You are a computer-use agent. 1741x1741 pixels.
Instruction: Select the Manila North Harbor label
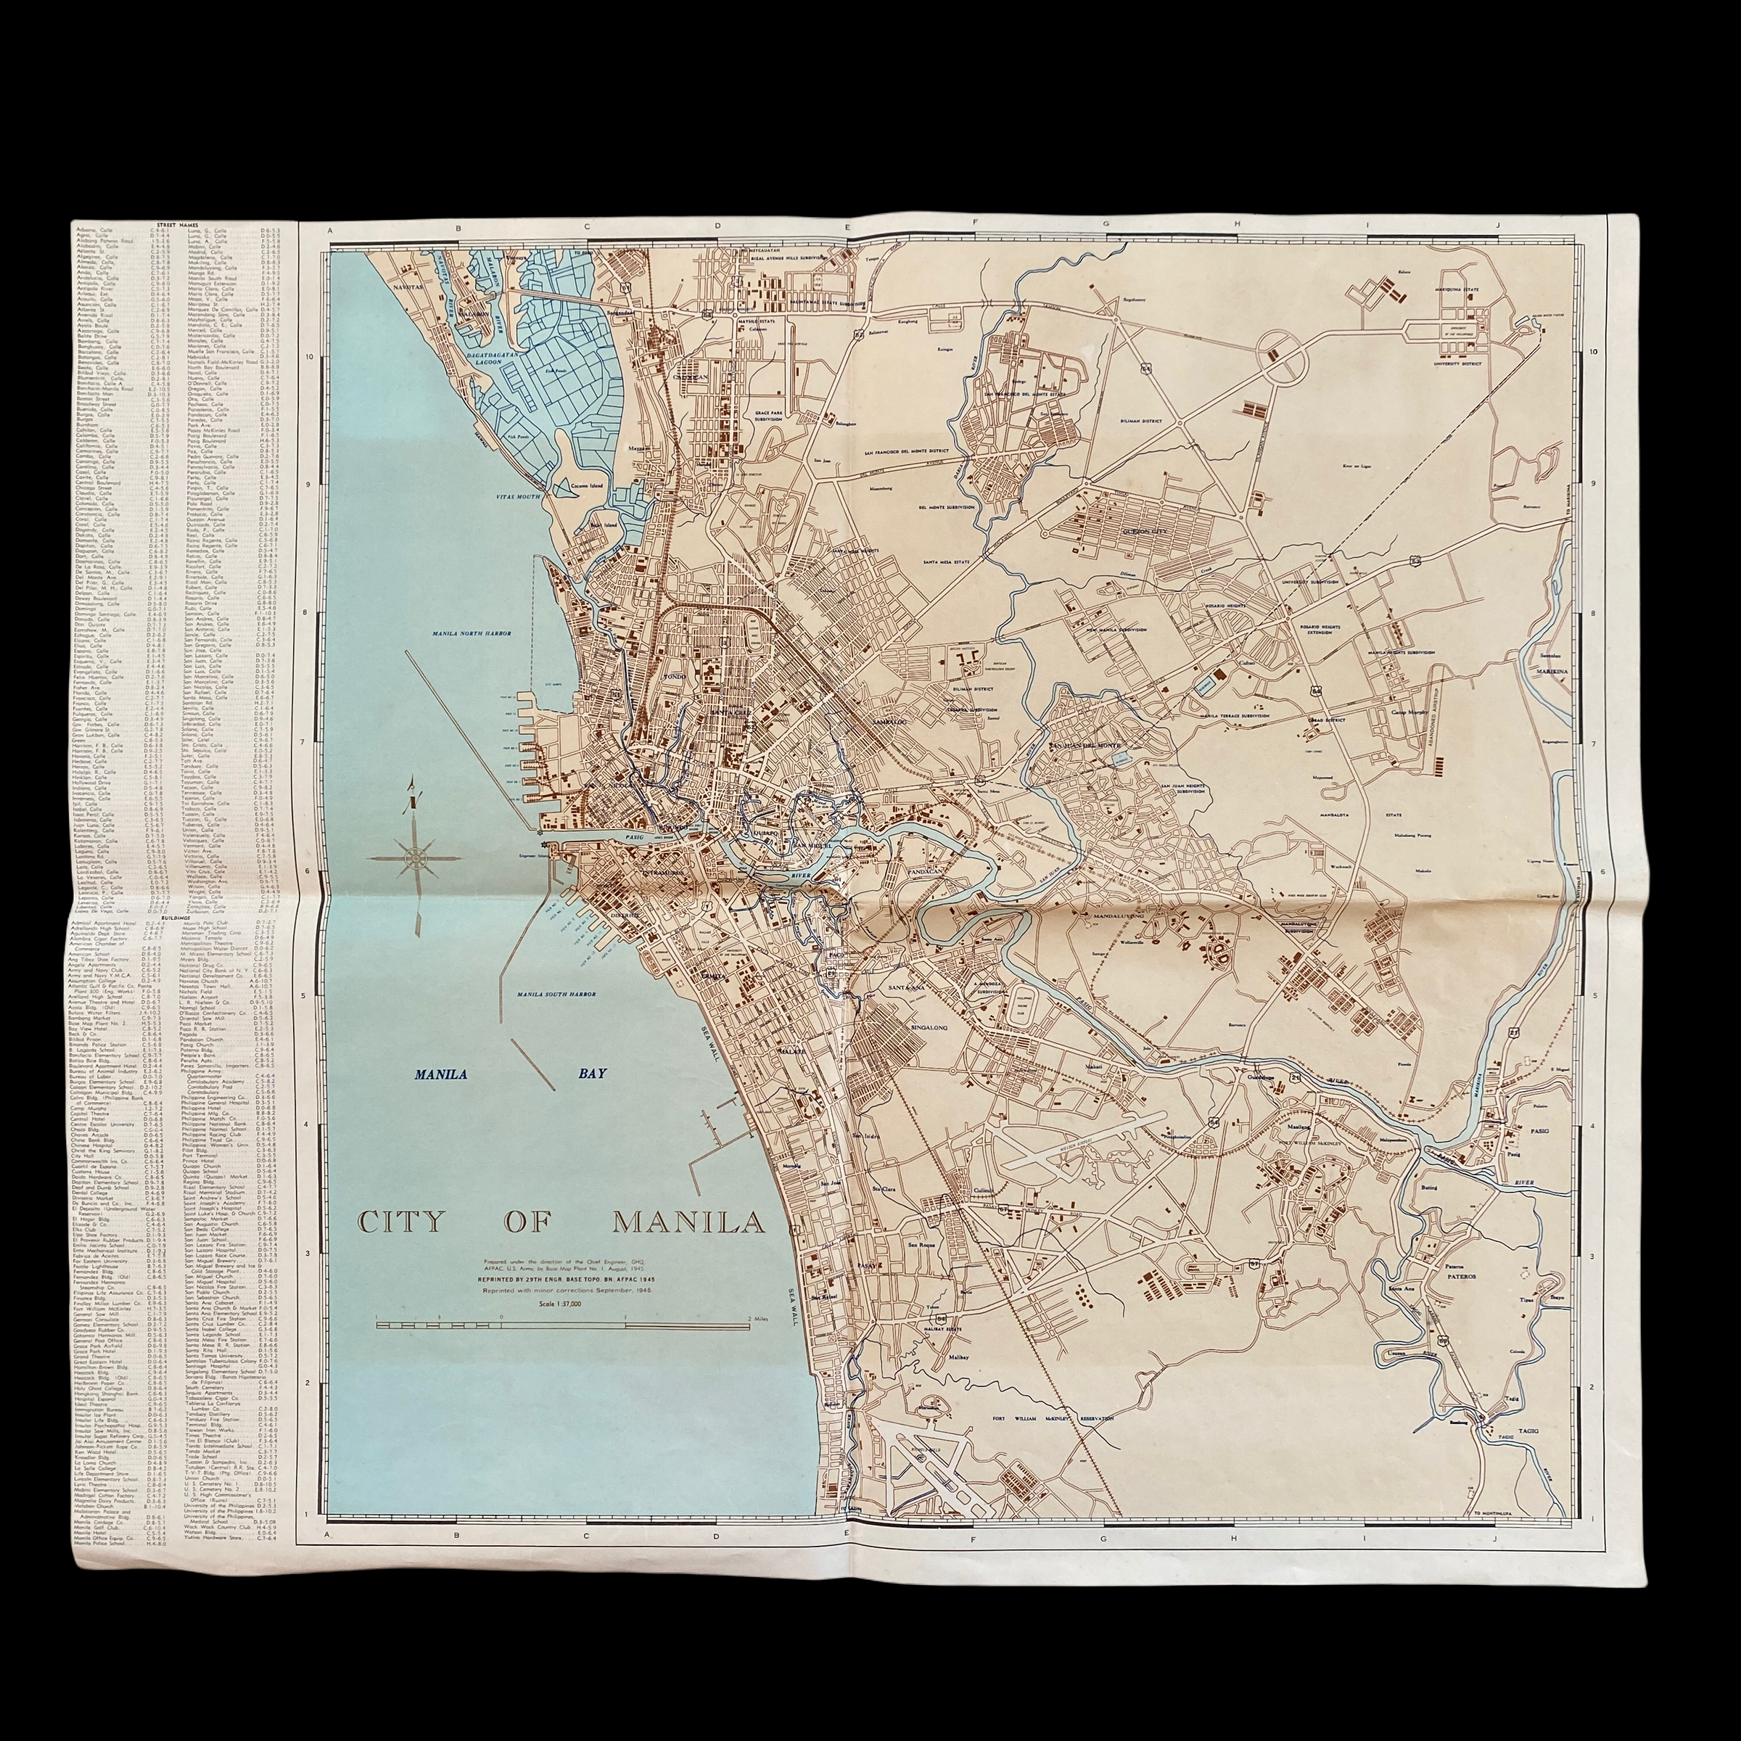pos(470,633)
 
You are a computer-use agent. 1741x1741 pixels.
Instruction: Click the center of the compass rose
pos(416,859)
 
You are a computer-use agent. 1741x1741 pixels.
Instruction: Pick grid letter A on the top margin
pos(331,231)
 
